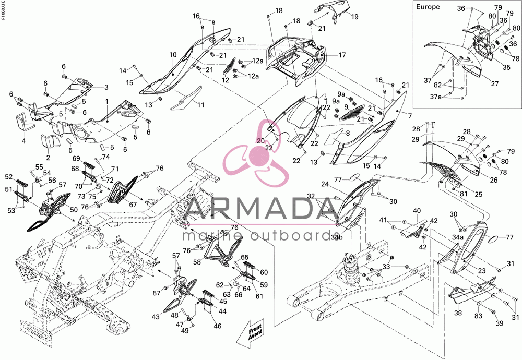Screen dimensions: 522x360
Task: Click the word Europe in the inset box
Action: [x=428, y=7]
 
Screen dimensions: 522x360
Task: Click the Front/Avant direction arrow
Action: [x=252, y=334]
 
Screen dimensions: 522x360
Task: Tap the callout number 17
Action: [x=342, y=55]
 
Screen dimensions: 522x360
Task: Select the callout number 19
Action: [x=354, y=17]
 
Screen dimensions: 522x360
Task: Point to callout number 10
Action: [x=173, y=55]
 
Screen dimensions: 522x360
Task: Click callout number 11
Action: [x=200, y=105]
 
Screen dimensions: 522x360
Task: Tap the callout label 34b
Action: [x=337, y=237]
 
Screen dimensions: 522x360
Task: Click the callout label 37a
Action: [x=436, y=97]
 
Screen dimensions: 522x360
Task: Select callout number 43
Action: [x=156, y=317]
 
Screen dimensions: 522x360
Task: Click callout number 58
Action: [x=197, y=262]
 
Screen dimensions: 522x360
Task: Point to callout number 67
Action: [x=133, y=205]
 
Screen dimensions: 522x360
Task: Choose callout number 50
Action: [x=74, y=210]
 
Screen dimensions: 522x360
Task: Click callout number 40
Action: [x=417, y=211]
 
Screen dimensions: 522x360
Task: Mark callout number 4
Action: [x=23, y=141]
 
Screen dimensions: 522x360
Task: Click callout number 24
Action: [x=325, y=184]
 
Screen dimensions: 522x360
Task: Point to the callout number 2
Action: [x=48, y=158]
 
